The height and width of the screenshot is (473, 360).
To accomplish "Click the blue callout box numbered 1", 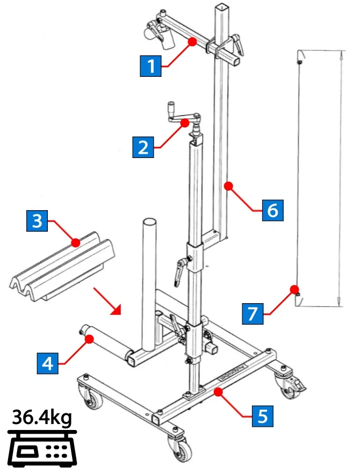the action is click(151, 66).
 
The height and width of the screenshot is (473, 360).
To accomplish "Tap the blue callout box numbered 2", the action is click(143, 147).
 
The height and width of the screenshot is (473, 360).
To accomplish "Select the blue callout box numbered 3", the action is click(37, 221).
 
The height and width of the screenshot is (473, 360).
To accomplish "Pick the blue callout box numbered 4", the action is click(48, 363).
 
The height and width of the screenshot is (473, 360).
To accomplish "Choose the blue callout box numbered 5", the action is click(263, 416).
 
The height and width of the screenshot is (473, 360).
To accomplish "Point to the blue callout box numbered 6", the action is click(273, 210).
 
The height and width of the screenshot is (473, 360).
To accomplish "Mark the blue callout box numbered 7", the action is click(253, 314).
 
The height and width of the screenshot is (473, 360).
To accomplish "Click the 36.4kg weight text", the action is click(42, 418).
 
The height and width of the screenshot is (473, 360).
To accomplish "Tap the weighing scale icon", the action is click(42, 449).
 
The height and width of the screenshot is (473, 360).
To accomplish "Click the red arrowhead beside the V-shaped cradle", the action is click(117, 310).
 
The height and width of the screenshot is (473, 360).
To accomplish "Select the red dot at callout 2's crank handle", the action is click(185, 123).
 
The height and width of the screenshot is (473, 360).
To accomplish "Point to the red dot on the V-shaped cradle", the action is click(75, 242).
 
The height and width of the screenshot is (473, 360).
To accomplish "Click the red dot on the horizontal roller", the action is click(89, 339).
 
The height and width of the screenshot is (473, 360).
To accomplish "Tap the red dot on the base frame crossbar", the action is click(218, 392).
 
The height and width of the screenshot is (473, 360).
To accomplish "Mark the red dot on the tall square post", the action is click(228, 186).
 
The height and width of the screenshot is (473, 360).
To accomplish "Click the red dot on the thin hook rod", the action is click(294, 289).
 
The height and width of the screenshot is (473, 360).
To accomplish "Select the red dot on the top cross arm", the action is click(192, 41).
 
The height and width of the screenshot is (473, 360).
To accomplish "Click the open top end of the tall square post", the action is click(222, 8).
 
